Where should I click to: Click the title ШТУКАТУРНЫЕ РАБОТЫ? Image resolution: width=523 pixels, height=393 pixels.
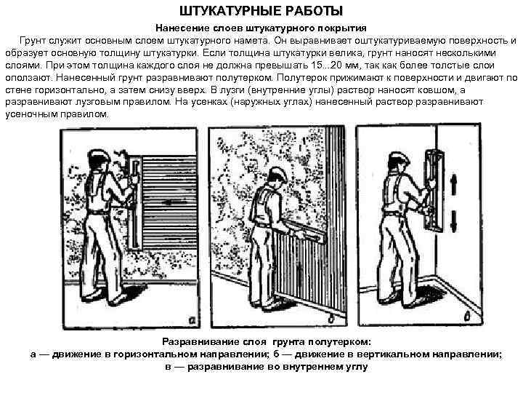(x=261, y=11)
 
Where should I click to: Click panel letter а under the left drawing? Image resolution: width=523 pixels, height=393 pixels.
(x=191, y=318)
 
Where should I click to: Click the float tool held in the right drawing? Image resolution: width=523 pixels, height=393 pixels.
(x=434, y=189)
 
